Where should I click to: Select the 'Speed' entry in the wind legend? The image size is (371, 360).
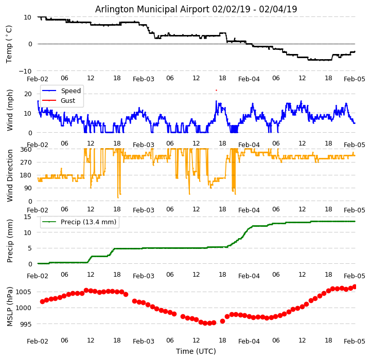(70, 91)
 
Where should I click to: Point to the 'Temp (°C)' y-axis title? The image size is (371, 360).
(9, 44)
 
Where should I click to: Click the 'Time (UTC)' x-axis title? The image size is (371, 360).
(196, 352)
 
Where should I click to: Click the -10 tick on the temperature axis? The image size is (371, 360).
(26, 71)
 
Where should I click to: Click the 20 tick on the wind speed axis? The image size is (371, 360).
(28, 94)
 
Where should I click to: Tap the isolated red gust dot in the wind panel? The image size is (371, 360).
(216, 91)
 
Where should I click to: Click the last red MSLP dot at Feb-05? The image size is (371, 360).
(355, 286)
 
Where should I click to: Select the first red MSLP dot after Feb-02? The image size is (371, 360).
(42, 302)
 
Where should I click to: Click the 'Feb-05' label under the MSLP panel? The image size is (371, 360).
(355, 341)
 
